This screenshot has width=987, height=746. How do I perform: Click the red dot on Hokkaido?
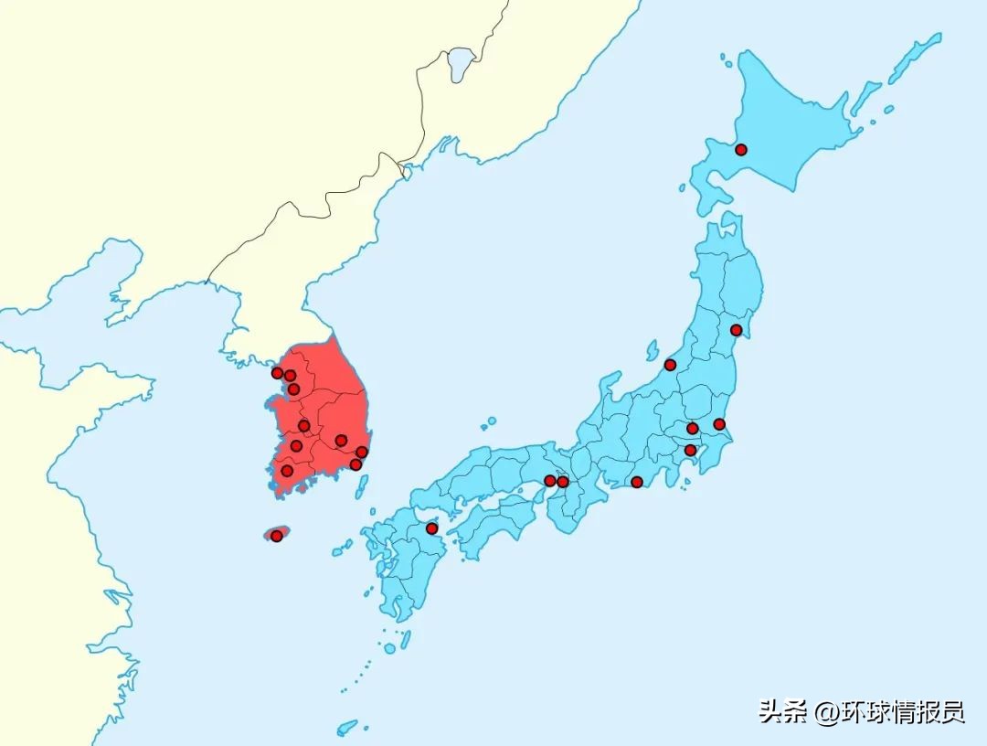pyautogui.click(x=741, y=149)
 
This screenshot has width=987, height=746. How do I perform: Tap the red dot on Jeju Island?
pyautogui.click(x=276, y=536)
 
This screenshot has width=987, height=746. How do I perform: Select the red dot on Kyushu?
pyautogui.click(x=431, y=528)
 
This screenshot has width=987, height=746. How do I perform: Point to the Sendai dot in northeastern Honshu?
pyautogui.click(x=736, y=330)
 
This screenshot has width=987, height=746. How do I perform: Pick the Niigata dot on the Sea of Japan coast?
pyautogui.click(x=670, y=365)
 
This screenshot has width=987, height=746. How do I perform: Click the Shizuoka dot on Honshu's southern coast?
pyautogui.click(x=637, y=482)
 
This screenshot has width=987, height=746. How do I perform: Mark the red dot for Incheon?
pyautogui.click(x=277, y=373)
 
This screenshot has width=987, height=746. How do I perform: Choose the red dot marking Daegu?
pyautogui.click(x=341, y=441)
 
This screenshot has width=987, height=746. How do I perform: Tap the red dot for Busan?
pyautogui.click(x=356, y=464)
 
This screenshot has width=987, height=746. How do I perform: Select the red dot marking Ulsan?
pyautogui.click(x=361, y=452)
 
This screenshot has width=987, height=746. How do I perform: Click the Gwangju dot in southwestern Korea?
pyautogui.click(x=287, y=471)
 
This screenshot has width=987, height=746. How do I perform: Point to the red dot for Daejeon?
pyautogui.click(x=304, y=425)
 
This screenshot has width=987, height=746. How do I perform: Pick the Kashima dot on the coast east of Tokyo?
pyautogui.click(x=719, y=424)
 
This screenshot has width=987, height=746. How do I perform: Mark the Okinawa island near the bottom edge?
pyautogui.click(x=347, y=728)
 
